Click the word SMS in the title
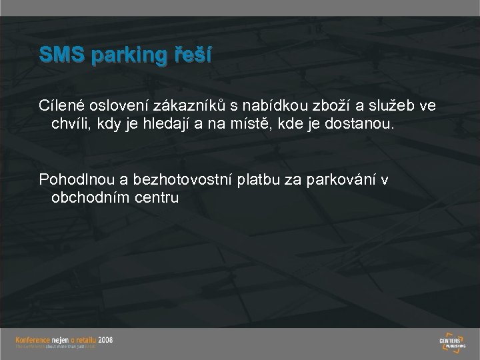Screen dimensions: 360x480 pos(60,55)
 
